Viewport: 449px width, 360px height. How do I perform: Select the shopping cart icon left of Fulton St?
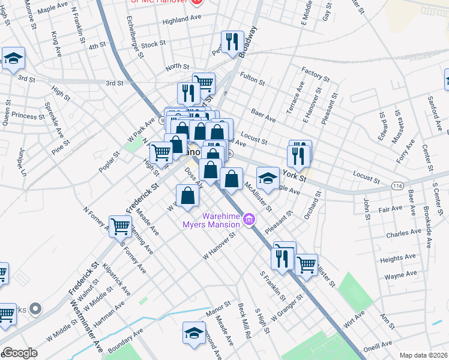(x=204, y=83)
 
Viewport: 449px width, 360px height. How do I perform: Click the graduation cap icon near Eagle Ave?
(x=268, y=178)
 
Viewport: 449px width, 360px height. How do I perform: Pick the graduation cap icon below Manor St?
(x=194, y=333)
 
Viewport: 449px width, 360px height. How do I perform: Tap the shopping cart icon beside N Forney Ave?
(x=121, y=226)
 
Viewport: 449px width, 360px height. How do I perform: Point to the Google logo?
(x=20, y=353)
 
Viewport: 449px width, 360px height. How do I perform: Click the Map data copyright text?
(x=423, y=355)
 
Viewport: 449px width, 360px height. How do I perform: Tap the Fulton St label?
(x=252, y=77)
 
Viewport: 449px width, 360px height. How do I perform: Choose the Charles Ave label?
(x=400, y=233)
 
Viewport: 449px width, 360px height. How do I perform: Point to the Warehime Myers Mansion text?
(x=212, y=220)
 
